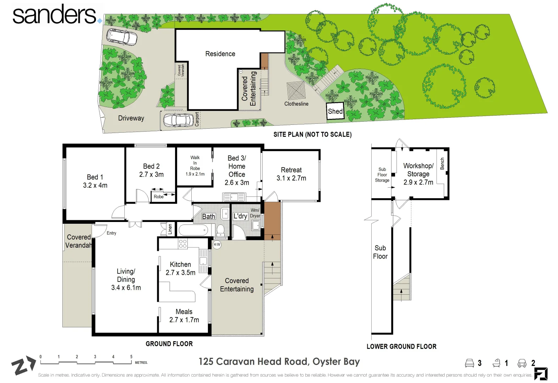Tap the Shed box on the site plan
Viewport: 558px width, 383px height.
pyautogui.click(x=335, y=111)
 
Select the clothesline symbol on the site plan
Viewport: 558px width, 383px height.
pyautogui.click(x=296, y=90)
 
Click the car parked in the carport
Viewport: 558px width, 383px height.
pyautogui.click(x=178, y=120)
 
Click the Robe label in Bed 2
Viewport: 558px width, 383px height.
pyautogui.click(x=158, y=197)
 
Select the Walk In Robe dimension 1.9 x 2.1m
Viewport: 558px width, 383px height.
pyautogui.click(x=195, y=174)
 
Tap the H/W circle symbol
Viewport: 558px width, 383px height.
pyautogui.click(x=217, y=245)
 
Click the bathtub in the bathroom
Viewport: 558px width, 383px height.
pyautogui.click(x=193, y=230)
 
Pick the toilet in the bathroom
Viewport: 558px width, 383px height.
pyautogui.click(x=220, y=230)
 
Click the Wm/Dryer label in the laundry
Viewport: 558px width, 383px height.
pyautogui.click(x=255, y=213)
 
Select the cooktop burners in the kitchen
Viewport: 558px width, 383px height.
pyautogui.click(x=182, y=244)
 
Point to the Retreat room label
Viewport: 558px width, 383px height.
pyautogui.click(x=291, y=170)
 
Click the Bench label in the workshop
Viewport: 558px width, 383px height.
pyautogui.click(x=442, y=163)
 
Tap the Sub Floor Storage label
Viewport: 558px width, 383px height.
pyautogui.click(x=382, y=175)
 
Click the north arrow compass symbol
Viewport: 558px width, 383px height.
pyautogui.click(x=23, y=365)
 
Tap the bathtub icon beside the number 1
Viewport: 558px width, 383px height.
pyautogui.click(x=496, y=363)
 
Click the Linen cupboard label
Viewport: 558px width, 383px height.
pyautogui.click(x=170, y=229)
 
